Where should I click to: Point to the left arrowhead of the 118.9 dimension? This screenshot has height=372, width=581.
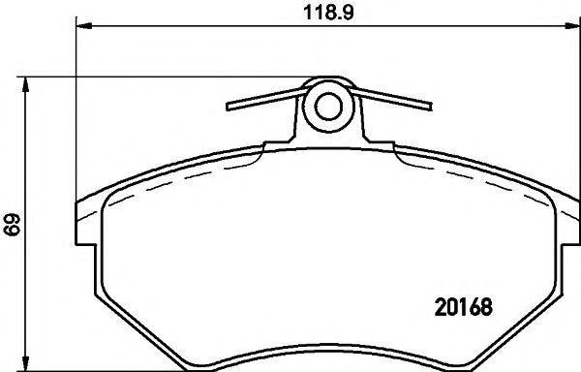point(82,27)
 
